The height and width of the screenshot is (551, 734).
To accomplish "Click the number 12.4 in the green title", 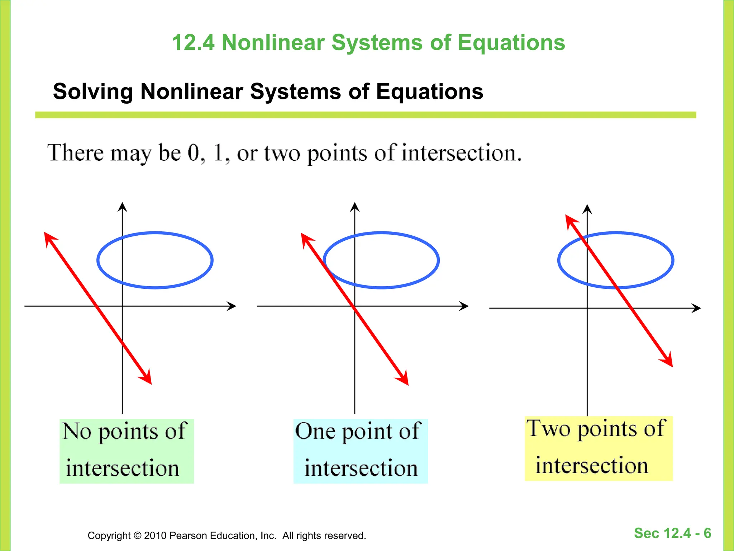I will tap(193, 43).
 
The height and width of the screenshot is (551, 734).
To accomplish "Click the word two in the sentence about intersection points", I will tap(282, 154).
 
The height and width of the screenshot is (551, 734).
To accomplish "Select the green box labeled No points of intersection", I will tap(127, 451).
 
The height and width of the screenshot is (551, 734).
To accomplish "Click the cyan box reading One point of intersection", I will tap(360, 451).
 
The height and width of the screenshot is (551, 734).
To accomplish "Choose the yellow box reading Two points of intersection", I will tap(598, 448).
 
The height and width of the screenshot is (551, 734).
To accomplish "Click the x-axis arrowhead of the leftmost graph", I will tap(232, 306).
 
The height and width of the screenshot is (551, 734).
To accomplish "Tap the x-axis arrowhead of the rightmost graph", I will tap(697, 308).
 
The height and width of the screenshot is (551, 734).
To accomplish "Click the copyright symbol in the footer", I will tap(138, 536).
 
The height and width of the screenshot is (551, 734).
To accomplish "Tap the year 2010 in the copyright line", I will tap(155, 536).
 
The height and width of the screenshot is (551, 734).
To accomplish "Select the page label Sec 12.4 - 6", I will tap(672, 533).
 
